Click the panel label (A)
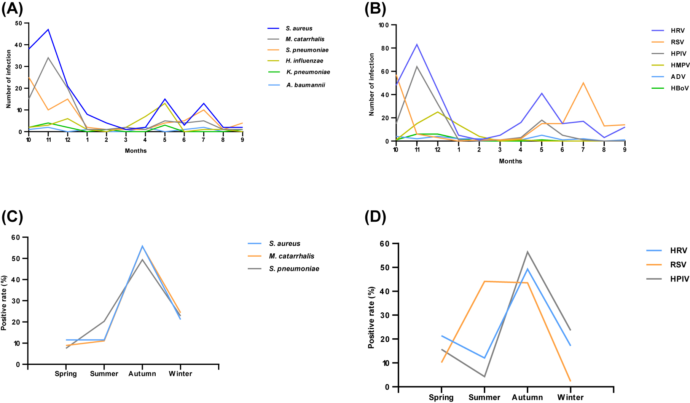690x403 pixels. (x=12, y=8)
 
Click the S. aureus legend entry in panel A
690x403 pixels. (x=299, y=29)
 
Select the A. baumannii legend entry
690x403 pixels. (x=305, y=85)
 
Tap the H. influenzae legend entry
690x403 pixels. (x=304, y=61)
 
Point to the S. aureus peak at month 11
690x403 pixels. (x=48, y=29)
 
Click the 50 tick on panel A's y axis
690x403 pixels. (x=19, y=23)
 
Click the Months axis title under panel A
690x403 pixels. (x=135, y=151)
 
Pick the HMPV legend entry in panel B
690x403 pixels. (x=680, y=65)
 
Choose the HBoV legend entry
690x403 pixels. (x=679, y=88)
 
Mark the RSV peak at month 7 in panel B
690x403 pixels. (x=583, y=83)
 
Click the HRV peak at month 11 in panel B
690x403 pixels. (x=417, y=45)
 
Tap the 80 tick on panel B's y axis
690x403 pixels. (x=384, y=48)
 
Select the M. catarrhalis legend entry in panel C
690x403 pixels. (x=291, y=256)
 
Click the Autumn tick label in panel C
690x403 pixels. (x=142, y=374)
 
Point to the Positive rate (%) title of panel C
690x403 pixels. (x=4, y=303)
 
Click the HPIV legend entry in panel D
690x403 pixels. (x=679, y=279)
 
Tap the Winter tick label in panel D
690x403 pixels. (x=570, y=398)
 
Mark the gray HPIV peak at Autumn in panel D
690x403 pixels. (x=527, y=252)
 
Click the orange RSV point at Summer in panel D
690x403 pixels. (x=484, y=281)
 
